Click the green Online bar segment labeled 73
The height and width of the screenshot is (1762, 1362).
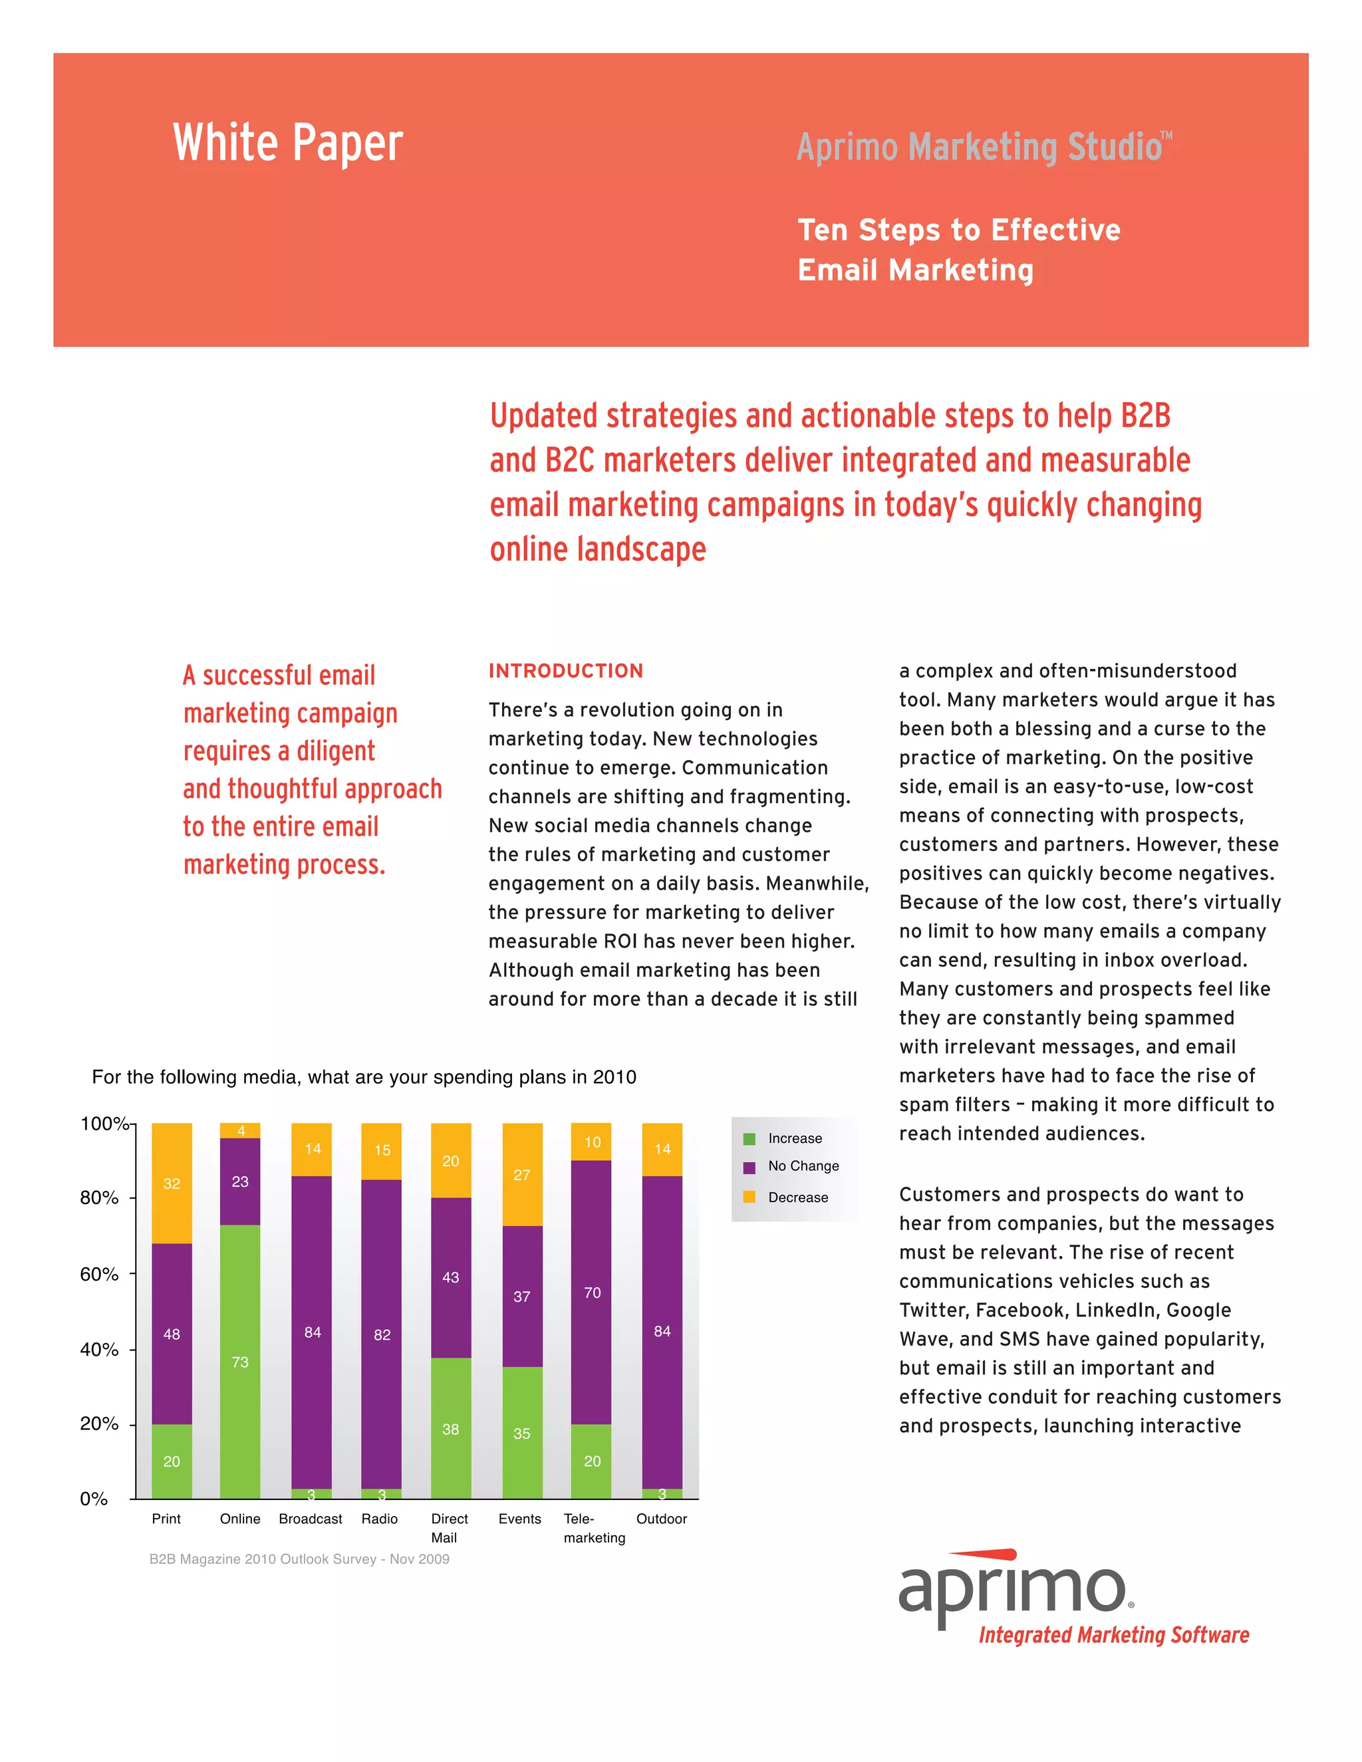[x=239, y=1361]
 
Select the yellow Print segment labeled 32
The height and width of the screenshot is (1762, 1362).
[x=171, y=1183]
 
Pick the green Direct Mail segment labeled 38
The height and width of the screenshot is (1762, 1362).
[x=450, y=1429]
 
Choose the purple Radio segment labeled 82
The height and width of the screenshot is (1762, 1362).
[x=382, y=1334]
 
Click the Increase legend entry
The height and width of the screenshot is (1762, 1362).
[x=794, y=1138]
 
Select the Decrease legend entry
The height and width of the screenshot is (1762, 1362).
[x=797, y=1197]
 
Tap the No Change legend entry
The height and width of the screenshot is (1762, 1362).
[x=803, y=1166]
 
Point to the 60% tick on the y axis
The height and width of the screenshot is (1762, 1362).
[x=99, y=1274]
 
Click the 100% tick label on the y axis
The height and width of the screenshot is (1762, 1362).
[x=102, y=1123]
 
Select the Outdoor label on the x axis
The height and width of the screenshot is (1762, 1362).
[x=662, y=1519]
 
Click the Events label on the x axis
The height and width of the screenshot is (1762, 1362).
[x=519, y=1519]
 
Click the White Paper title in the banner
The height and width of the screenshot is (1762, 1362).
[x=287, y=143]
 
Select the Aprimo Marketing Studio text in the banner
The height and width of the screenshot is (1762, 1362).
[x=983, y=147]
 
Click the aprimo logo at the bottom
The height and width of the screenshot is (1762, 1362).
[x=1013, y=1589]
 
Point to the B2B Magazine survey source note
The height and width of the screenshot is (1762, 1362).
[x=299, y=1559]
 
